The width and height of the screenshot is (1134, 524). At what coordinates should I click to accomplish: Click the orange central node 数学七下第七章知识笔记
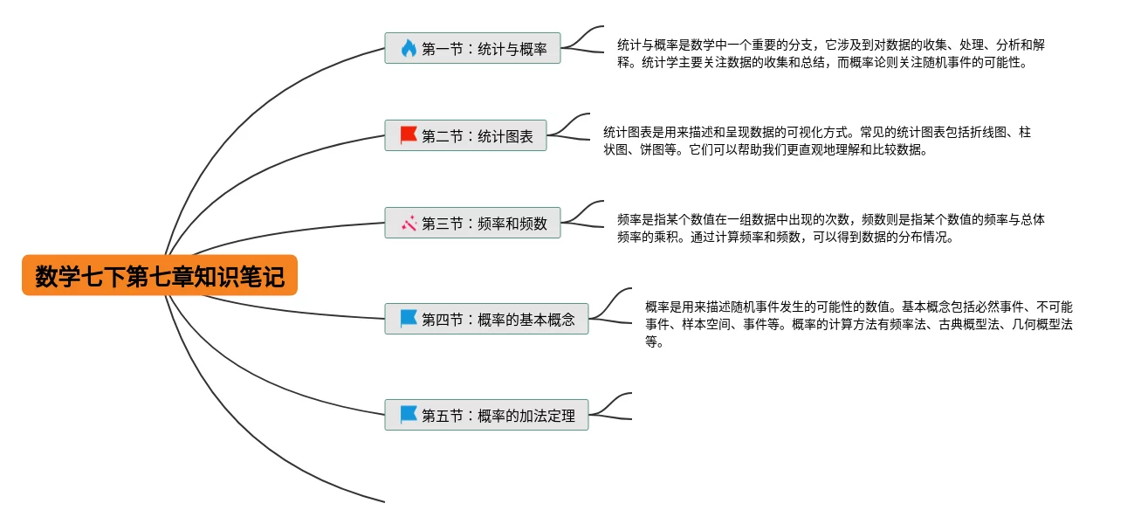(160, 276)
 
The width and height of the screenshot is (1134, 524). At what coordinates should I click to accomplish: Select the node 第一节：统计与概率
(472, 48)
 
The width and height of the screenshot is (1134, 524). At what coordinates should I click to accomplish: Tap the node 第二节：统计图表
(465, 135)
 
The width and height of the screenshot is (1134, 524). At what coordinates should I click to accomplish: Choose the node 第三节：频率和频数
(472, 223)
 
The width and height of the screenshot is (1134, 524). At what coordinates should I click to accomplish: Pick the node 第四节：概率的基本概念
(486, 319)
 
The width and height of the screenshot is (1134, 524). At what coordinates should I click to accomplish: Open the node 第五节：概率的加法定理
(486, 415)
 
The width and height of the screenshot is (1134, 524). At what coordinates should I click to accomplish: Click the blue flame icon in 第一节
(409, 48)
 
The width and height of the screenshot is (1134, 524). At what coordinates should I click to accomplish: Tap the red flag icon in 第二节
(409, 135)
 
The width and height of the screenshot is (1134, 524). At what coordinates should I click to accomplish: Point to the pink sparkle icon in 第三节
(409, 223)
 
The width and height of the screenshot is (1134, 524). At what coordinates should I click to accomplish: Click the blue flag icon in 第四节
(409, 319)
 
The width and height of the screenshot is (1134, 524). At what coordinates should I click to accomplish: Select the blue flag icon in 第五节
(409, 415)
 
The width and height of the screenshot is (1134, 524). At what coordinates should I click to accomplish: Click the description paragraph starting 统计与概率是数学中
(829, 53)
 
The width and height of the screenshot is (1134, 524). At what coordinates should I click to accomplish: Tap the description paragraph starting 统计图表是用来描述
(816, 141)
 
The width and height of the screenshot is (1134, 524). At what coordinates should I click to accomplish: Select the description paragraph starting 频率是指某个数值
(829, 228)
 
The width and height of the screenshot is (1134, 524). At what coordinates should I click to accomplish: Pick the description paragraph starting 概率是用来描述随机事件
(858, 323)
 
